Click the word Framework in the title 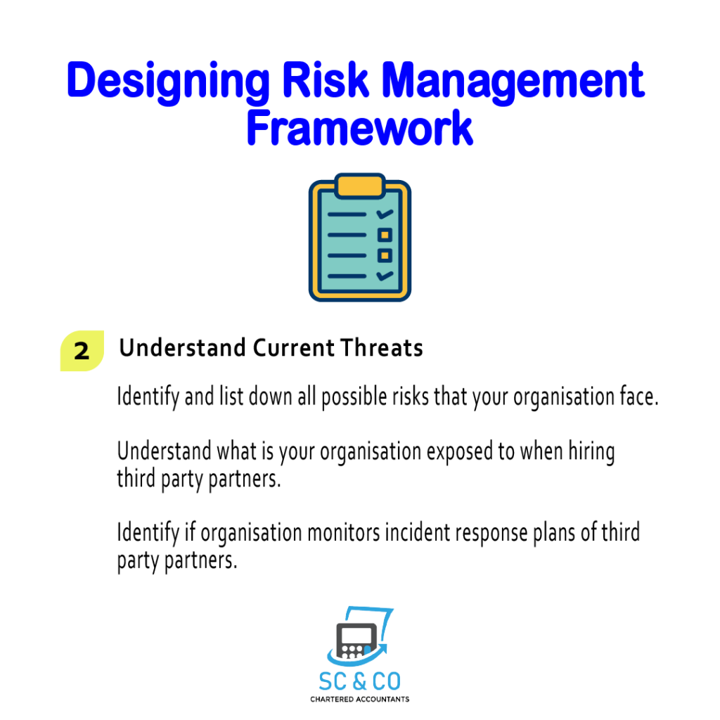[x=359, y=128]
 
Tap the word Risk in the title [x=325, y=80]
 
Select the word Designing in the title [x=168, y=83]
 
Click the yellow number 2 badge [x=82, y=351]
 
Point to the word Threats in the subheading [x=382, y=347]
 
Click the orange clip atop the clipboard [x=360, y=186]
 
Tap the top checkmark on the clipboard [x=385, y=214]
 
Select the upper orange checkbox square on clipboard [x=385, y=235]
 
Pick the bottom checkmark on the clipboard [x=385, y=276]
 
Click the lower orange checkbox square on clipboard [x=385, y=255]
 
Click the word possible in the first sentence [x=354, y=397]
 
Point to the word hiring [x=592, y=452]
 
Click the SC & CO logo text [x=359, y=681]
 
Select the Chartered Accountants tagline [x=359, y=700]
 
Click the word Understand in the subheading [x=182, y=347]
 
